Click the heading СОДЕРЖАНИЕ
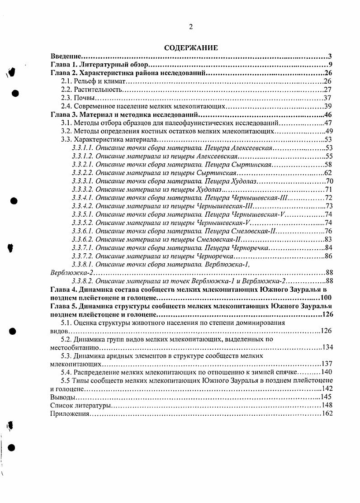190,48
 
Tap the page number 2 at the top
190,27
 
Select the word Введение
65,57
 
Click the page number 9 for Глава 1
331,65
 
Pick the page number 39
328,106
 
